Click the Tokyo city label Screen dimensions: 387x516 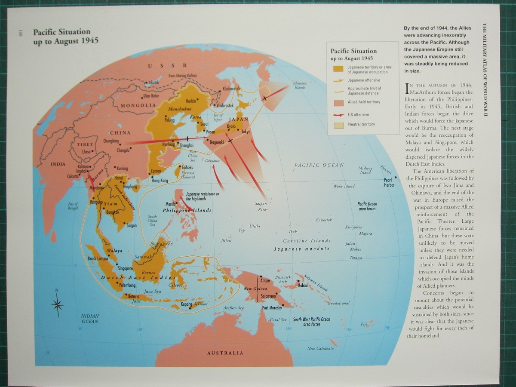click(246, 132)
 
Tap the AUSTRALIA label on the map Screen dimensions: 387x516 click(225, 353)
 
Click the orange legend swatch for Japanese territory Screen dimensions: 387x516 click(338, 69)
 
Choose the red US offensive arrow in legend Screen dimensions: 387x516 click(338, 115)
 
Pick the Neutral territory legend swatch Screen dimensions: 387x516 click(338, 125)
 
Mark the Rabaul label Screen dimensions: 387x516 click(304, 285)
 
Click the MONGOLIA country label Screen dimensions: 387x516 click(138, 105)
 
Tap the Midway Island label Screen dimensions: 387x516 click(365, 170)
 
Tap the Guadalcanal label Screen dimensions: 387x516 click(338, 303)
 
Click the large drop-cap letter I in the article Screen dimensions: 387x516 click(407, 88)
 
